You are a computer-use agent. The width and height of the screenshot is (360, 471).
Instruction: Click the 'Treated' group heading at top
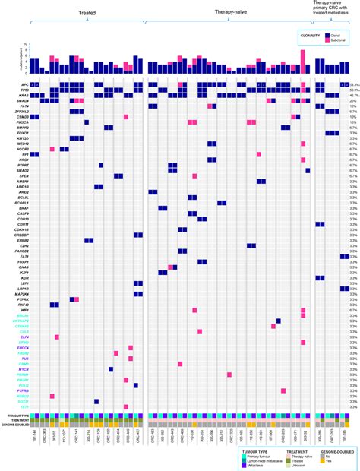[x=93, y=13]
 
